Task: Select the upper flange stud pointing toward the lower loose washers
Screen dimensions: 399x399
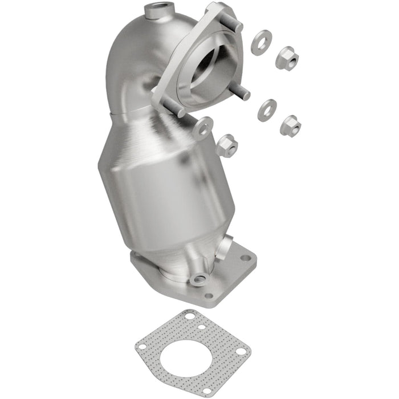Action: (244, 95)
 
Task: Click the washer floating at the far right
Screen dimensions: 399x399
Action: (267, 110)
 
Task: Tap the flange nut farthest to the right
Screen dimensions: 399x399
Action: (291, 124)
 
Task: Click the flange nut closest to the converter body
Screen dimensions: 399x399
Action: (227, 145)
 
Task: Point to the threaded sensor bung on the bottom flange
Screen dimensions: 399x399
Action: (199, 279)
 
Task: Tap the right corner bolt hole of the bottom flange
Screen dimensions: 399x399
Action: (246, 258)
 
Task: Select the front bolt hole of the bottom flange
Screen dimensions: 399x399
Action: (209, 296)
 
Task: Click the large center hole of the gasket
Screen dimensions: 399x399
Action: (189, 353)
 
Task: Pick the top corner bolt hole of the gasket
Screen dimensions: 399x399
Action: (190, 315)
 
